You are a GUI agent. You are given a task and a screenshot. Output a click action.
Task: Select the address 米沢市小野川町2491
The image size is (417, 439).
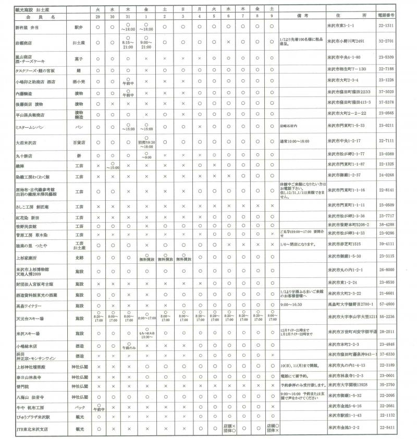(351, 42)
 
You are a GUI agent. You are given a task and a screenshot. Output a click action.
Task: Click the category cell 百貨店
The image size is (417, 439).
(79, 142)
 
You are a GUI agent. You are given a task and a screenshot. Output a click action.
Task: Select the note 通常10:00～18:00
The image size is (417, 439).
(295, 142)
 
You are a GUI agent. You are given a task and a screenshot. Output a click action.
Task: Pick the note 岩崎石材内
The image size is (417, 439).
(289, 126)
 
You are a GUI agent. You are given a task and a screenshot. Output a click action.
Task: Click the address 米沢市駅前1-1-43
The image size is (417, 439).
(346, 416)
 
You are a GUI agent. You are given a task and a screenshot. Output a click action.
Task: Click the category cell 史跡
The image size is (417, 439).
(79, 258)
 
